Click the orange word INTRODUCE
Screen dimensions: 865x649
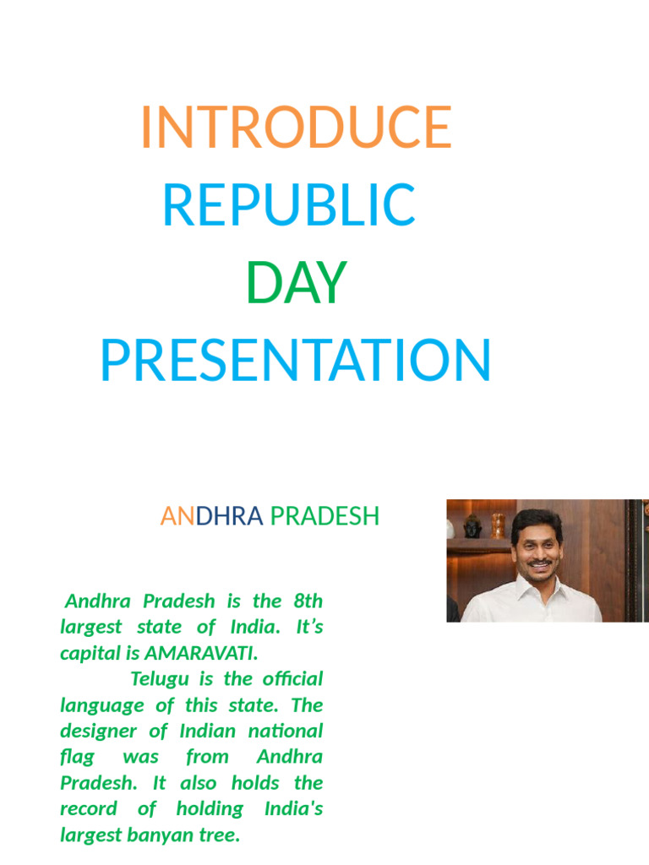point(296,128)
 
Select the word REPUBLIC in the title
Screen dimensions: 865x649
point(289,205)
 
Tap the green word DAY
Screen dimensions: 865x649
point(296,283)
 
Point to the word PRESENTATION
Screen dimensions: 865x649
point(296,361)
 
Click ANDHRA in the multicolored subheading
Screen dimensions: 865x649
point(212,516)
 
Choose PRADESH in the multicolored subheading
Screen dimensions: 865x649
point(324,516)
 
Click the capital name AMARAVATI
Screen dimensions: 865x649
point(199,653)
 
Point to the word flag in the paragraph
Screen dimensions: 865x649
point(77,757)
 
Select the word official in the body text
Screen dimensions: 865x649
point(292,679)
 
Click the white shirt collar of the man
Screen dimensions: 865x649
point(516,591)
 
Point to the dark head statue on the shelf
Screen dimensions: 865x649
point(472,526)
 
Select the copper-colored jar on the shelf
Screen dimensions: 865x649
point(499,524)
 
